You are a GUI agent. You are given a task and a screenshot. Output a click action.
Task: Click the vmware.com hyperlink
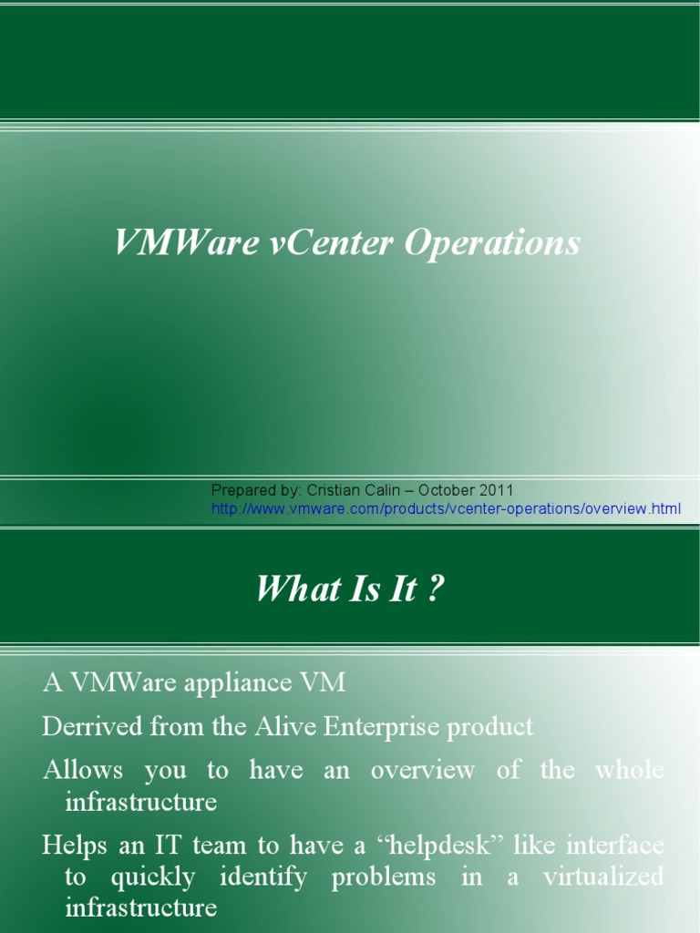[446, 508]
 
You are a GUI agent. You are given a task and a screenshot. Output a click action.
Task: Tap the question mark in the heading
[436, 590]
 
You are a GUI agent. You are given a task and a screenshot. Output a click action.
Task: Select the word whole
[630, 770]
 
